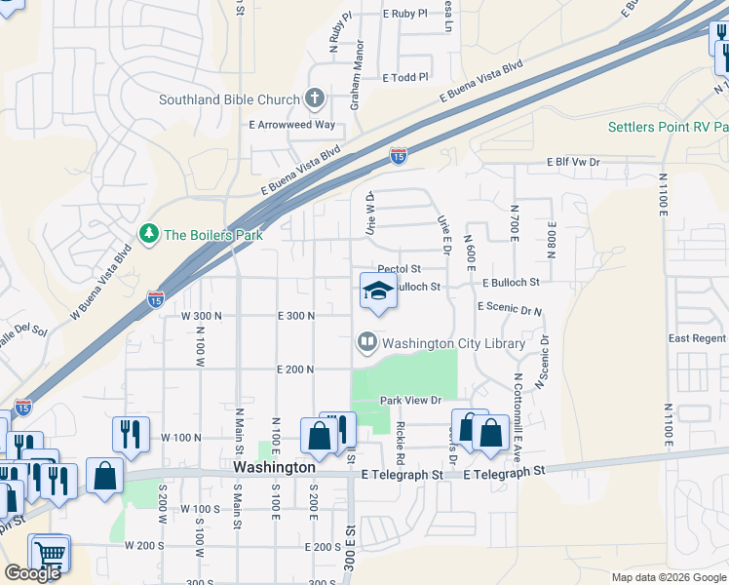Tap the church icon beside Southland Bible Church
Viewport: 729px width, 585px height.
314,98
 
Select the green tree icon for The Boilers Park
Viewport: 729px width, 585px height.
148,234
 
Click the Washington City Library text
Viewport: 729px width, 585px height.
453,343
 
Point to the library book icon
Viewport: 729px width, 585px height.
367,342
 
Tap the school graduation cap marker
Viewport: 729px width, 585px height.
378,291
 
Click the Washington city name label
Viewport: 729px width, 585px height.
275,468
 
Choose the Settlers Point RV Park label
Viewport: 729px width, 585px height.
668,128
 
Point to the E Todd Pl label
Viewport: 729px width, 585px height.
405,78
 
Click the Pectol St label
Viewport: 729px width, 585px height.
399,269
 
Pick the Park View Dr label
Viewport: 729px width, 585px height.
411,401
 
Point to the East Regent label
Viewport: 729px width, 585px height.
697,338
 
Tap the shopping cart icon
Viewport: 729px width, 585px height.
50,555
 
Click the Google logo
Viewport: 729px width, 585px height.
32,573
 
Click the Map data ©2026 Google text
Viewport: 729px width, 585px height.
669,577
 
